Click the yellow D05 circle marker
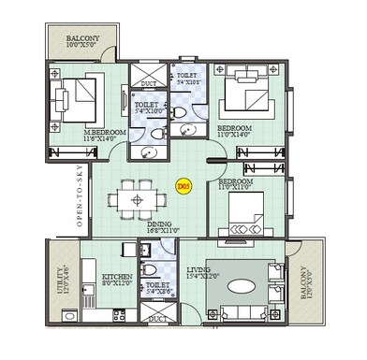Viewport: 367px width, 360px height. coord(185,188)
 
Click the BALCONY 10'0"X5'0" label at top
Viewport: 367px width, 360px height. coord(82,39)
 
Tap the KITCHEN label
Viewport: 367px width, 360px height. coord(117,280)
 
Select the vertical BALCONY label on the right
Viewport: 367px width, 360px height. coord(304,281)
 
